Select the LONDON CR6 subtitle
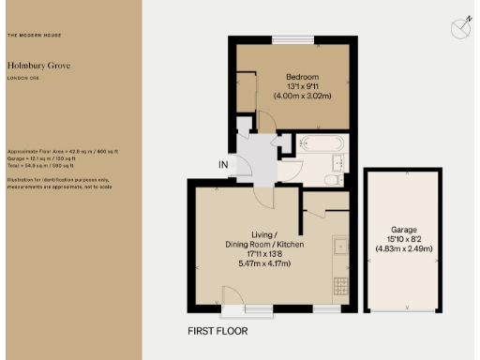click(22, 79)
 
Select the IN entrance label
click(223, 166)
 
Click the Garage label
click(403, 230)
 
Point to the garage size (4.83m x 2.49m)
click(403, 249)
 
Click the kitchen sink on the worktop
click(338, 247)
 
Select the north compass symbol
click(458, 28)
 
